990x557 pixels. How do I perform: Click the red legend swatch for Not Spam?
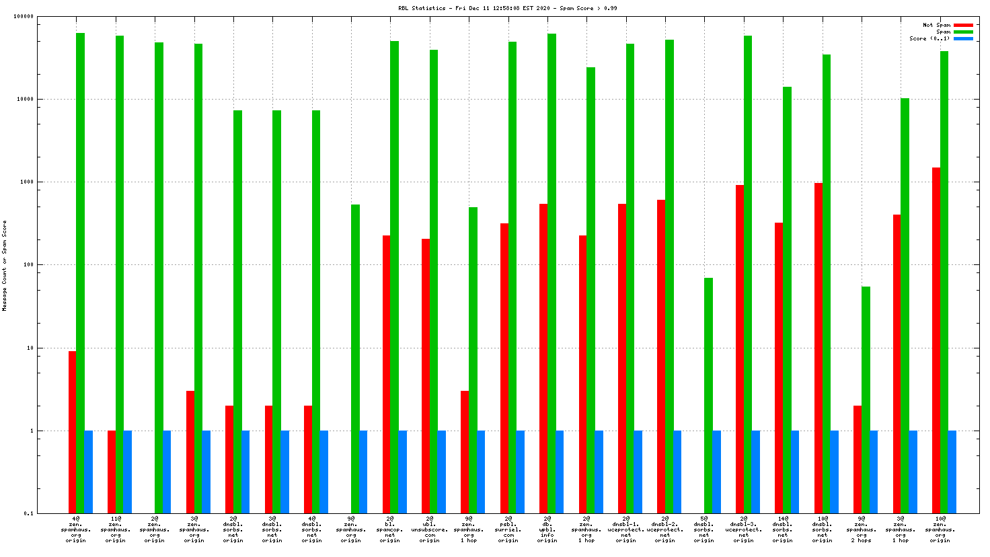[x=963, y=26]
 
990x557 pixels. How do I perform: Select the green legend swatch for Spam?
[x=963, y=32]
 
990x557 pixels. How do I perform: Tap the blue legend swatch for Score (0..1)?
[x=963, y=39]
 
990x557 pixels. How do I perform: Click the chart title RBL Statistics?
[x=507, y=9]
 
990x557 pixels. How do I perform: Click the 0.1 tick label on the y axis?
[x=28, y=514]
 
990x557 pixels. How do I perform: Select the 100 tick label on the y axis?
[x=27, y=265]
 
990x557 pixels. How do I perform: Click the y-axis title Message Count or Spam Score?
[x=5, y=266]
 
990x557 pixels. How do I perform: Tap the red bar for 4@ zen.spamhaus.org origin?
[x=72, y=432]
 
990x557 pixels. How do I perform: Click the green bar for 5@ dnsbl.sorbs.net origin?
[x=709, y=396]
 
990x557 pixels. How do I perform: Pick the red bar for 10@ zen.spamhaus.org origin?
[x=936, y=340]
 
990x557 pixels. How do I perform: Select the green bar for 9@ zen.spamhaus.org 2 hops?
[x=866, y=400]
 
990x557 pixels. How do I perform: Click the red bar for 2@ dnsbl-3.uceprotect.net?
[x=739, y=349]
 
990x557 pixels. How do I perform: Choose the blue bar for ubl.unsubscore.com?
[x=442, y=472]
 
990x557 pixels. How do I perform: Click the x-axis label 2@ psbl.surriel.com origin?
[x=508, y=529]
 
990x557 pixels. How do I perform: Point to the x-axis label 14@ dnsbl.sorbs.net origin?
[x=783, y=529]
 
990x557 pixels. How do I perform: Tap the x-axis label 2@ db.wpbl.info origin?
[x=547, y=529]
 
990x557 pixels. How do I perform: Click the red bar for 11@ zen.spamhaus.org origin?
[x=111, y=472]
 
